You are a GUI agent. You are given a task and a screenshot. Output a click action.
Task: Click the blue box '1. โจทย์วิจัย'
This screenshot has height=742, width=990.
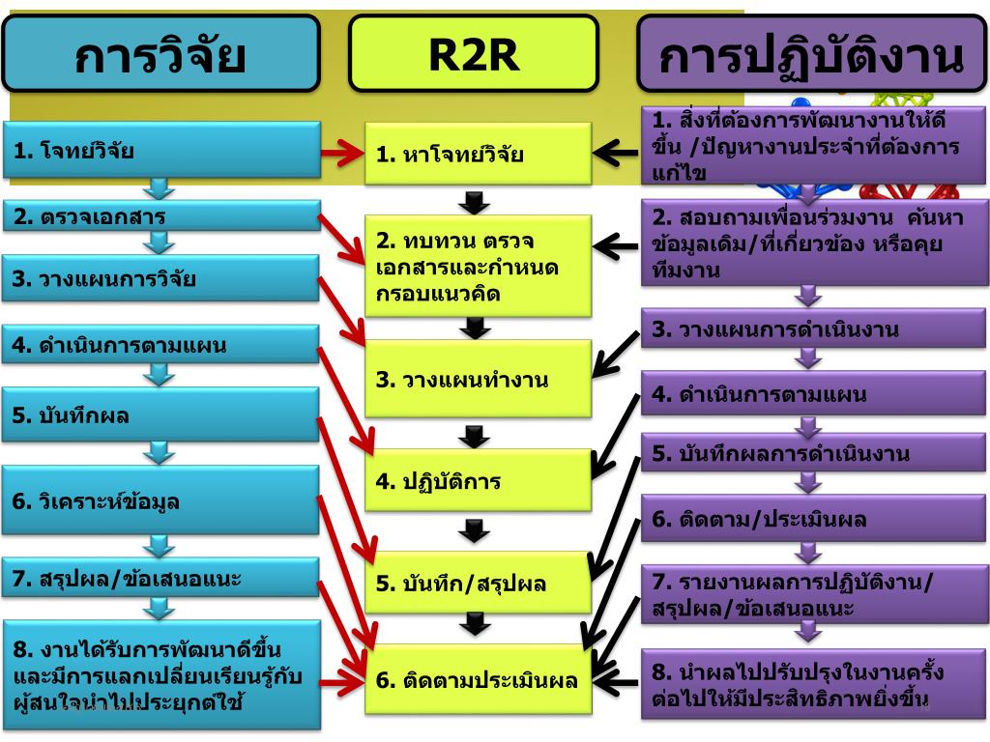coord(160,150)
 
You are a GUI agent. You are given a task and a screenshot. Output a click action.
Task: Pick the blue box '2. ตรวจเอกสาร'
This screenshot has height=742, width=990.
coord(160,215)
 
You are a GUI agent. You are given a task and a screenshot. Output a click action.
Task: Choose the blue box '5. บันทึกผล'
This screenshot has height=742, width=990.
coord(160,415)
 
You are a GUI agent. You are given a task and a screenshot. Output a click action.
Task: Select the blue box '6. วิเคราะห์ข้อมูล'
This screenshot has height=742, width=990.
coord(160,500)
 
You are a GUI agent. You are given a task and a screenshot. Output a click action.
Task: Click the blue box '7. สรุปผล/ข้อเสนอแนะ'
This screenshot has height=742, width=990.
coord(160,578)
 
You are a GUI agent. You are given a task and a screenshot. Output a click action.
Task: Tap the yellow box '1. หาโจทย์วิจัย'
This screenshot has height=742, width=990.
coord(478,154)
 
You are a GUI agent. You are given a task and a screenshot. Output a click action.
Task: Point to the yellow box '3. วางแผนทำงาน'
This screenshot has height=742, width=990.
coord(478,379)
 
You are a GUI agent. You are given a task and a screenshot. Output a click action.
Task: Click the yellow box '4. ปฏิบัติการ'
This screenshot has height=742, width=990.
coord(478,480)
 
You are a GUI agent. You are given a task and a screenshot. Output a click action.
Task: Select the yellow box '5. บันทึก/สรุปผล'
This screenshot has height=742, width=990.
coord(478,583)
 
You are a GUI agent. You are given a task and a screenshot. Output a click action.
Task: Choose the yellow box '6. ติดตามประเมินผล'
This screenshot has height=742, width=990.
coord(478,679)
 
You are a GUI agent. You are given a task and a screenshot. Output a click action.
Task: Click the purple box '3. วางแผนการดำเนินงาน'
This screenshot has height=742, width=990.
coord(812,328)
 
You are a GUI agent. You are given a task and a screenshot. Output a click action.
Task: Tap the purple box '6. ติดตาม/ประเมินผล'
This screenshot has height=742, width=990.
coord(812,519)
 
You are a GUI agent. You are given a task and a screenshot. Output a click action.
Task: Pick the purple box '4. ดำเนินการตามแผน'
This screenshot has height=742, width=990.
coord(812,393)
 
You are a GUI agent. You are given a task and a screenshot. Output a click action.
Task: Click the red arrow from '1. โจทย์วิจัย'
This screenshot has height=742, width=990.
coord(341,151)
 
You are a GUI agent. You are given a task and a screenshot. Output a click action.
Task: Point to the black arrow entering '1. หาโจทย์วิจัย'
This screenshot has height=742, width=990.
coord(615,152)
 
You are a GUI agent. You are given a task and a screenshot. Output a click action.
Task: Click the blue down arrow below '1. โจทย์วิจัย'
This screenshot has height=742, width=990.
coord(160,187)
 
